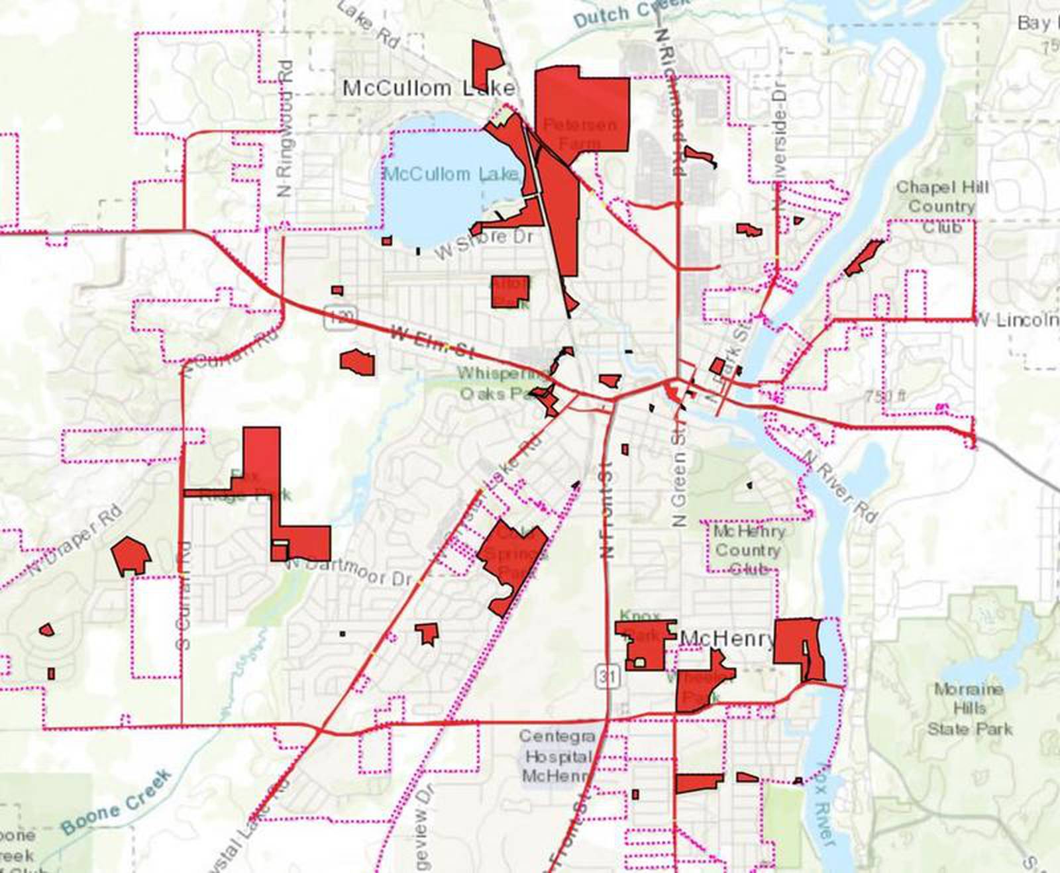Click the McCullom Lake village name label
click(428, 88)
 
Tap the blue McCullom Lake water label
click(450, 174)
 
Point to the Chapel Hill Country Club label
click(941, 206)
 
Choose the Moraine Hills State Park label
click(969, 709)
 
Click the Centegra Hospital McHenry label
click(556, 756)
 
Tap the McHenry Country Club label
click(749, 550)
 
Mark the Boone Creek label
click(116, 802)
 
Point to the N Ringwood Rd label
click(286, 128)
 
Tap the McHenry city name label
click(727, 639)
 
